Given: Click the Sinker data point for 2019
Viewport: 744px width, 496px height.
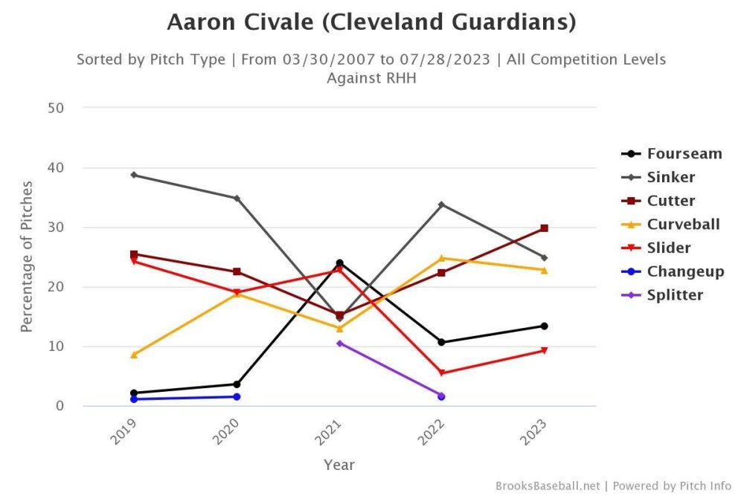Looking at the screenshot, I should (x=134, y=175).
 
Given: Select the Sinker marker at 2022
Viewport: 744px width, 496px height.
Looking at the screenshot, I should (x=442, y=204).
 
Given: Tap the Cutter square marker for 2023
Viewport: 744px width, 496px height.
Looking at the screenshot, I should (x=544, y=228).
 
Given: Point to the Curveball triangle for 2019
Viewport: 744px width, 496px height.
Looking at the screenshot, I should (x=134, y=355).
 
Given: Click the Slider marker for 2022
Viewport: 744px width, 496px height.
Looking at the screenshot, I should (x=442, y=373).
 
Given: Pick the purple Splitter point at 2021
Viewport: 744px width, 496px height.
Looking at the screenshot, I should (x=339, y=343).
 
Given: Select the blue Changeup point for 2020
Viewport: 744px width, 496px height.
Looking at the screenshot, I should (x=237, y=396).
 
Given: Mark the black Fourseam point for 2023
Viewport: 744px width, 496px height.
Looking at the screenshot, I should (x=544, y=326).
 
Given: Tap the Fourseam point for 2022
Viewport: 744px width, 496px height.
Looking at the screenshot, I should (x=442, y=342).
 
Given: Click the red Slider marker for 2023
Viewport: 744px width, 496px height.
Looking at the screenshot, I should (x=544, y=350).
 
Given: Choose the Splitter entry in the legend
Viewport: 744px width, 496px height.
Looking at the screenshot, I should (x=674, y=295).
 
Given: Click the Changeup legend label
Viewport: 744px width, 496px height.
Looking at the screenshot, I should (x=684, y=271).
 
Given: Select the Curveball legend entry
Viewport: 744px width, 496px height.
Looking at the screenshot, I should (x=683, y=224).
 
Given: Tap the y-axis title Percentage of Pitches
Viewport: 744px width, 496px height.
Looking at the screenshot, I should (x=27, y=257).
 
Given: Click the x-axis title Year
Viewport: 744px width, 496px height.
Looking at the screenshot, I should (x=339, y=466).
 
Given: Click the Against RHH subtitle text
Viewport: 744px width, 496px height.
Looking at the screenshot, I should (x=371, y=77).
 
